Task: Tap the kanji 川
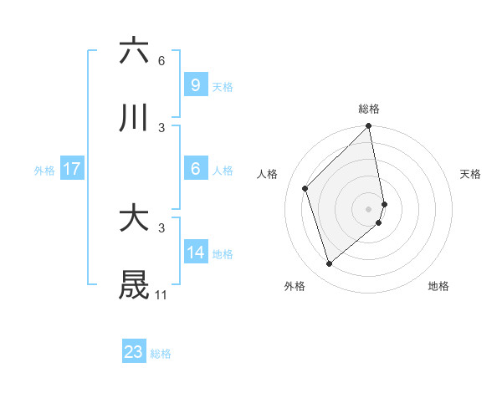(x=134, y=119)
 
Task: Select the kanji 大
(x=134, y=218)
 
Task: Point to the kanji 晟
(x=134, y=285)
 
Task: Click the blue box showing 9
(x=195, y=84)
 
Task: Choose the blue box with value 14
(x=195, y=253)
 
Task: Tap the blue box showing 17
(x=72, y=169)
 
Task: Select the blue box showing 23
(x=134, y=352)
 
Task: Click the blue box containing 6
(x=195, y=169)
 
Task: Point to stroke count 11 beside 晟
(x=161, y=295)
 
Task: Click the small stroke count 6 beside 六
(x=161, y=60)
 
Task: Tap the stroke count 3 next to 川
(x=161, y=128)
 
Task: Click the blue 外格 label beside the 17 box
(x=44, y=170)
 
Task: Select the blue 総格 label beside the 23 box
(x=161, y=354)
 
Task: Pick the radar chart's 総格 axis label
(x=369, y=109)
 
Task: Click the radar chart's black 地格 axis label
(x=438, y=286)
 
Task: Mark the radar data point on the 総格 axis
(x=369, y=127)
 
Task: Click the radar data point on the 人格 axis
(x=305, y=188)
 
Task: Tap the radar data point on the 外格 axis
(x=330, y=263)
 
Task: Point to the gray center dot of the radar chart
(x=369, y=208)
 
